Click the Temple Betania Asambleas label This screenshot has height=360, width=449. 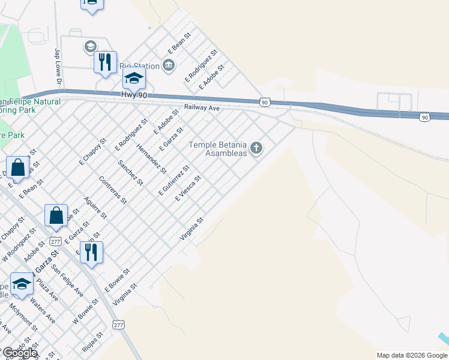point(218,149)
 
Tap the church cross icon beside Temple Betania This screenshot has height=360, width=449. point(257,148)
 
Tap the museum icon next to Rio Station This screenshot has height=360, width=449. point(169,65)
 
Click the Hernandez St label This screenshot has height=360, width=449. point(151,158)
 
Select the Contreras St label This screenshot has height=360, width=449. point(113,189)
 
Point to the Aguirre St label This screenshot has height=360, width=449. point(95,207)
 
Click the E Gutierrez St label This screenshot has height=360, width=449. point(174,181)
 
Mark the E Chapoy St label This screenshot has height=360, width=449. point(92,151)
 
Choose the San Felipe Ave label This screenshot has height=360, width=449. point(67,280)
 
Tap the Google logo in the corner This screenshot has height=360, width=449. point(19,353)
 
